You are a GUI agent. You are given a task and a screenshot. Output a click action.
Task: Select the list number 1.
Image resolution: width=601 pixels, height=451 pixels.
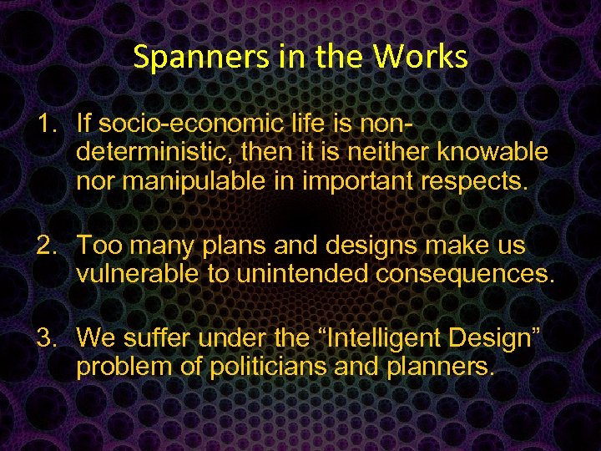pyautogui.click(x=46, y=124)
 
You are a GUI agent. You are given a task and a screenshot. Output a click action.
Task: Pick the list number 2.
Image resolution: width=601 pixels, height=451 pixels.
pyautogui.click(x=46, y=245)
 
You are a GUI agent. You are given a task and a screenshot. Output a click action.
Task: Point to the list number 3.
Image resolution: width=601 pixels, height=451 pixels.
pyautogui.click(x=46, y=338)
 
